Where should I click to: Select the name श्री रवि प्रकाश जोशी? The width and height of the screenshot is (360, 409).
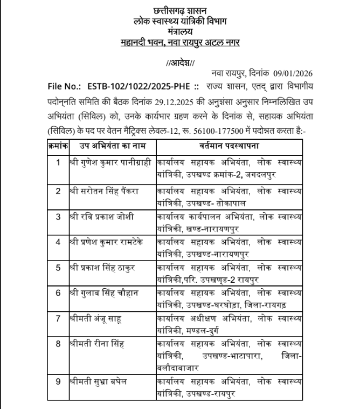(x=102, y=217)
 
